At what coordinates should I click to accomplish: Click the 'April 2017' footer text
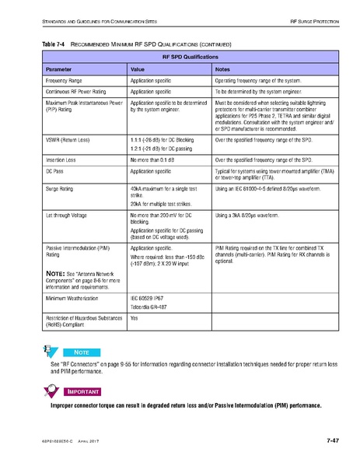coord(92,442)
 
